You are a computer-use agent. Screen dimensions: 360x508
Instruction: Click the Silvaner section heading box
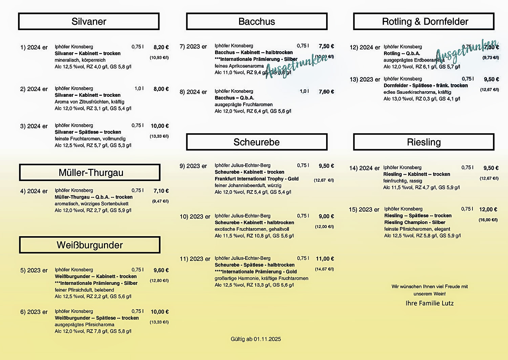(x=89, y=22)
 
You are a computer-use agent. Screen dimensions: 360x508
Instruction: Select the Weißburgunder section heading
(x=90, y=245)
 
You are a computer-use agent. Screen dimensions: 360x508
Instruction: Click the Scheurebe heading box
(x=256, y=142)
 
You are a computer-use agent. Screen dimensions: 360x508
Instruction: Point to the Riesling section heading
(x=424, y=142)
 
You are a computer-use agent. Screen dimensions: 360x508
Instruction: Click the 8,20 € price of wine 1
(x=161, y=47)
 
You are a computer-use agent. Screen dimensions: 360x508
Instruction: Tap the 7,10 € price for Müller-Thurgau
(x=161, y=191)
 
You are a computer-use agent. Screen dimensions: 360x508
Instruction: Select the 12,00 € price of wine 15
(x=488, y=209)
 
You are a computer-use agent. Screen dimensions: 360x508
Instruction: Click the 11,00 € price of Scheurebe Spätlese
(x=325, y=259)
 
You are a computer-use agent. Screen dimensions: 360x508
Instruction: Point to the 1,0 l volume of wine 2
(x=139, y=89)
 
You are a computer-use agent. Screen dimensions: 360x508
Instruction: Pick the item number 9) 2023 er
(x=193, y=166)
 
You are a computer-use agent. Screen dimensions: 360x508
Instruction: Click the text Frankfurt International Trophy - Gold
(x=256, y=179)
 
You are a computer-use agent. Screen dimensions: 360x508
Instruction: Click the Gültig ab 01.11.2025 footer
(x=256, y=339)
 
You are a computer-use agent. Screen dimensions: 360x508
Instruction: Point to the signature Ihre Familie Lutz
(x=429, y=303)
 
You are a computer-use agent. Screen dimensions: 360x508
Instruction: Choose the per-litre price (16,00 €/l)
(x=488, y=220)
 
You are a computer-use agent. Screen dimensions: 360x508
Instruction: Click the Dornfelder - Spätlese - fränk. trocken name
(x=425, y=86)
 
